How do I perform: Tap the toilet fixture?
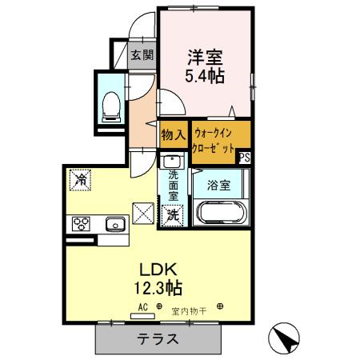click(112, 103)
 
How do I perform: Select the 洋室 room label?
click(205, 58)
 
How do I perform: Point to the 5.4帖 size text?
click(205, 77)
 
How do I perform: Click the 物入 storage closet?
click(173, 135)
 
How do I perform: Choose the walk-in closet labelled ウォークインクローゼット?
click(214, 142)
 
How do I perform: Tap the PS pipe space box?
click(244, 158)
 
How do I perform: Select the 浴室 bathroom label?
click(219, 186)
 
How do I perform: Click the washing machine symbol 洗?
click(173, 214)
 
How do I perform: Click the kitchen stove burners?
click(82, 224)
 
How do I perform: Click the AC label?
click(143, 306)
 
